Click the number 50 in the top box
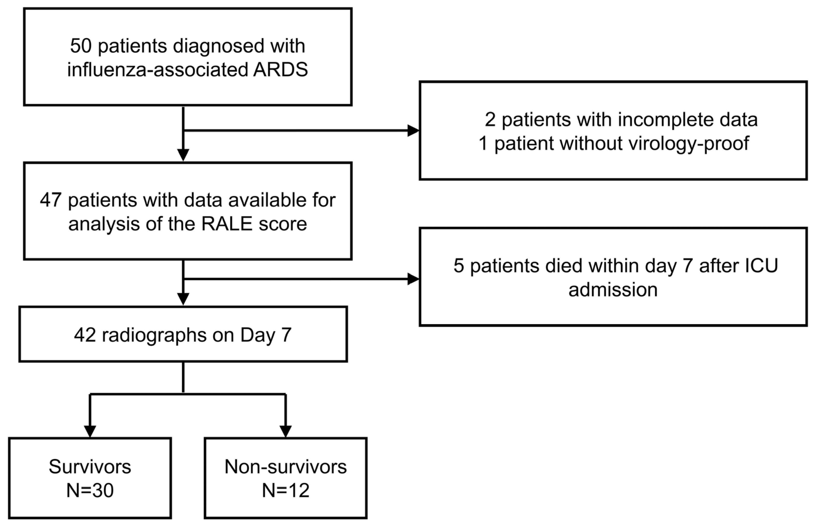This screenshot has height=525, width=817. click(x=81, y=46)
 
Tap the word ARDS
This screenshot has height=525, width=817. click(x=280, y=70)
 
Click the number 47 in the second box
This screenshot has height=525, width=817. click(x=51, y=200)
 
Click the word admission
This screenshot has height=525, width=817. click(x=613, y=290)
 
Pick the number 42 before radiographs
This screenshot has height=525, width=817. click(x=85, y=335)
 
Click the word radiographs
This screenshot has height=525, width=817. click(x=154, y=335)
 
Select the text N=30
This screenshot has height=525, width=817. click(x=90, y=491)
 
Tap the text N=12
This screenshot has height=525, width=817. click(x=286, y=491)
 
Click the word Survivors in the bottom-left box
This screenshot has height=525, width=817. click(x=90, y=467)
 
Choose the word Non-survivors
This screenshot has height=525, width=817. click(x=286, y=467)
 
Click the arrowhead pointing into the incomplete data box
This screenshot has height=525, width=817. click(x=414, y=131)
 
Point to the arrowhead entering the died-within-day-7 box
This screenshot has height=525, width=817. click(x=414, y=279)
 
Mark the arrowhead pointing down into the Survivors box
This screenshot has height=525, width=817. click(x=90, y=432)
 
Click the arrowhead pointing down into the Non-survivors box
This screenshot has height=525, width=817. click(x=286, y=432)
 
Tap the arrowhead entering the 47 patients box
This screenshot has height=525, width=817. click(x=183, y=155)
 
